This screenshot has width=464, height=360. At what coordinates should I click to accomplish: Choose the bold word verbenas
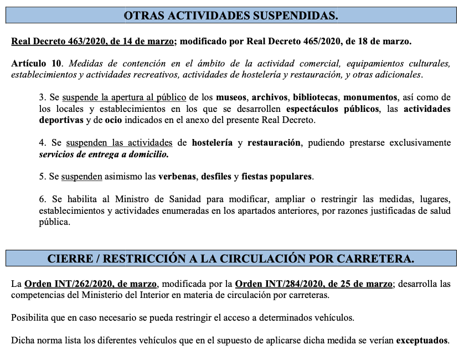177,177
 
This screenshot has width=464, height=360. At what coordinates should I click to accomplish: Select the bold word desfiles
215,177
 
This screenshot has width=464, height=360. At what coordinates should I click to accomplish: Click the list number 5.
42,177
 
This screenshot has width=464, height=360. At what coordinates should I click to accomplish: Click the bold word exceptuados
421,341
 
